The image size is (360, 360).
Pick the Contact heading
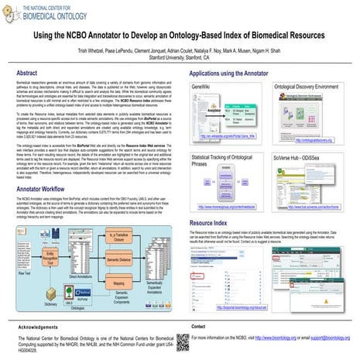click(x=199, y=327)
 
